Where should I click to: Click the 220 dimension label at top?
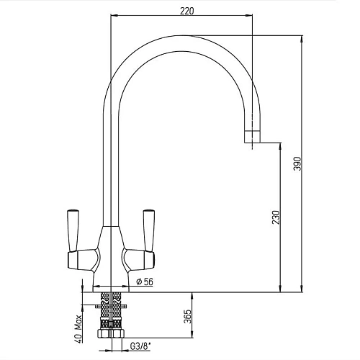coord(186,11)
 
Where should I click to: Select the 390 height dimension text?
coord(297,163)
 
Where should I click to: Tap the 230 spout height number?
coord(276,217)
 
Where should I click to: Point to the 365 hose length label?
coord(188,316)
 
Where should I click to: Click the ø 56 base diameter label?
coord(145,282)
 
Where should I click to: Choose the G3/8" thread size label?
coord(140,346)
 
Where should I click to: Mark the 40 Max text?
coord(78,328)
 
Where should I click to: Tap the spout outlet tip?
coord(252,137)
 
